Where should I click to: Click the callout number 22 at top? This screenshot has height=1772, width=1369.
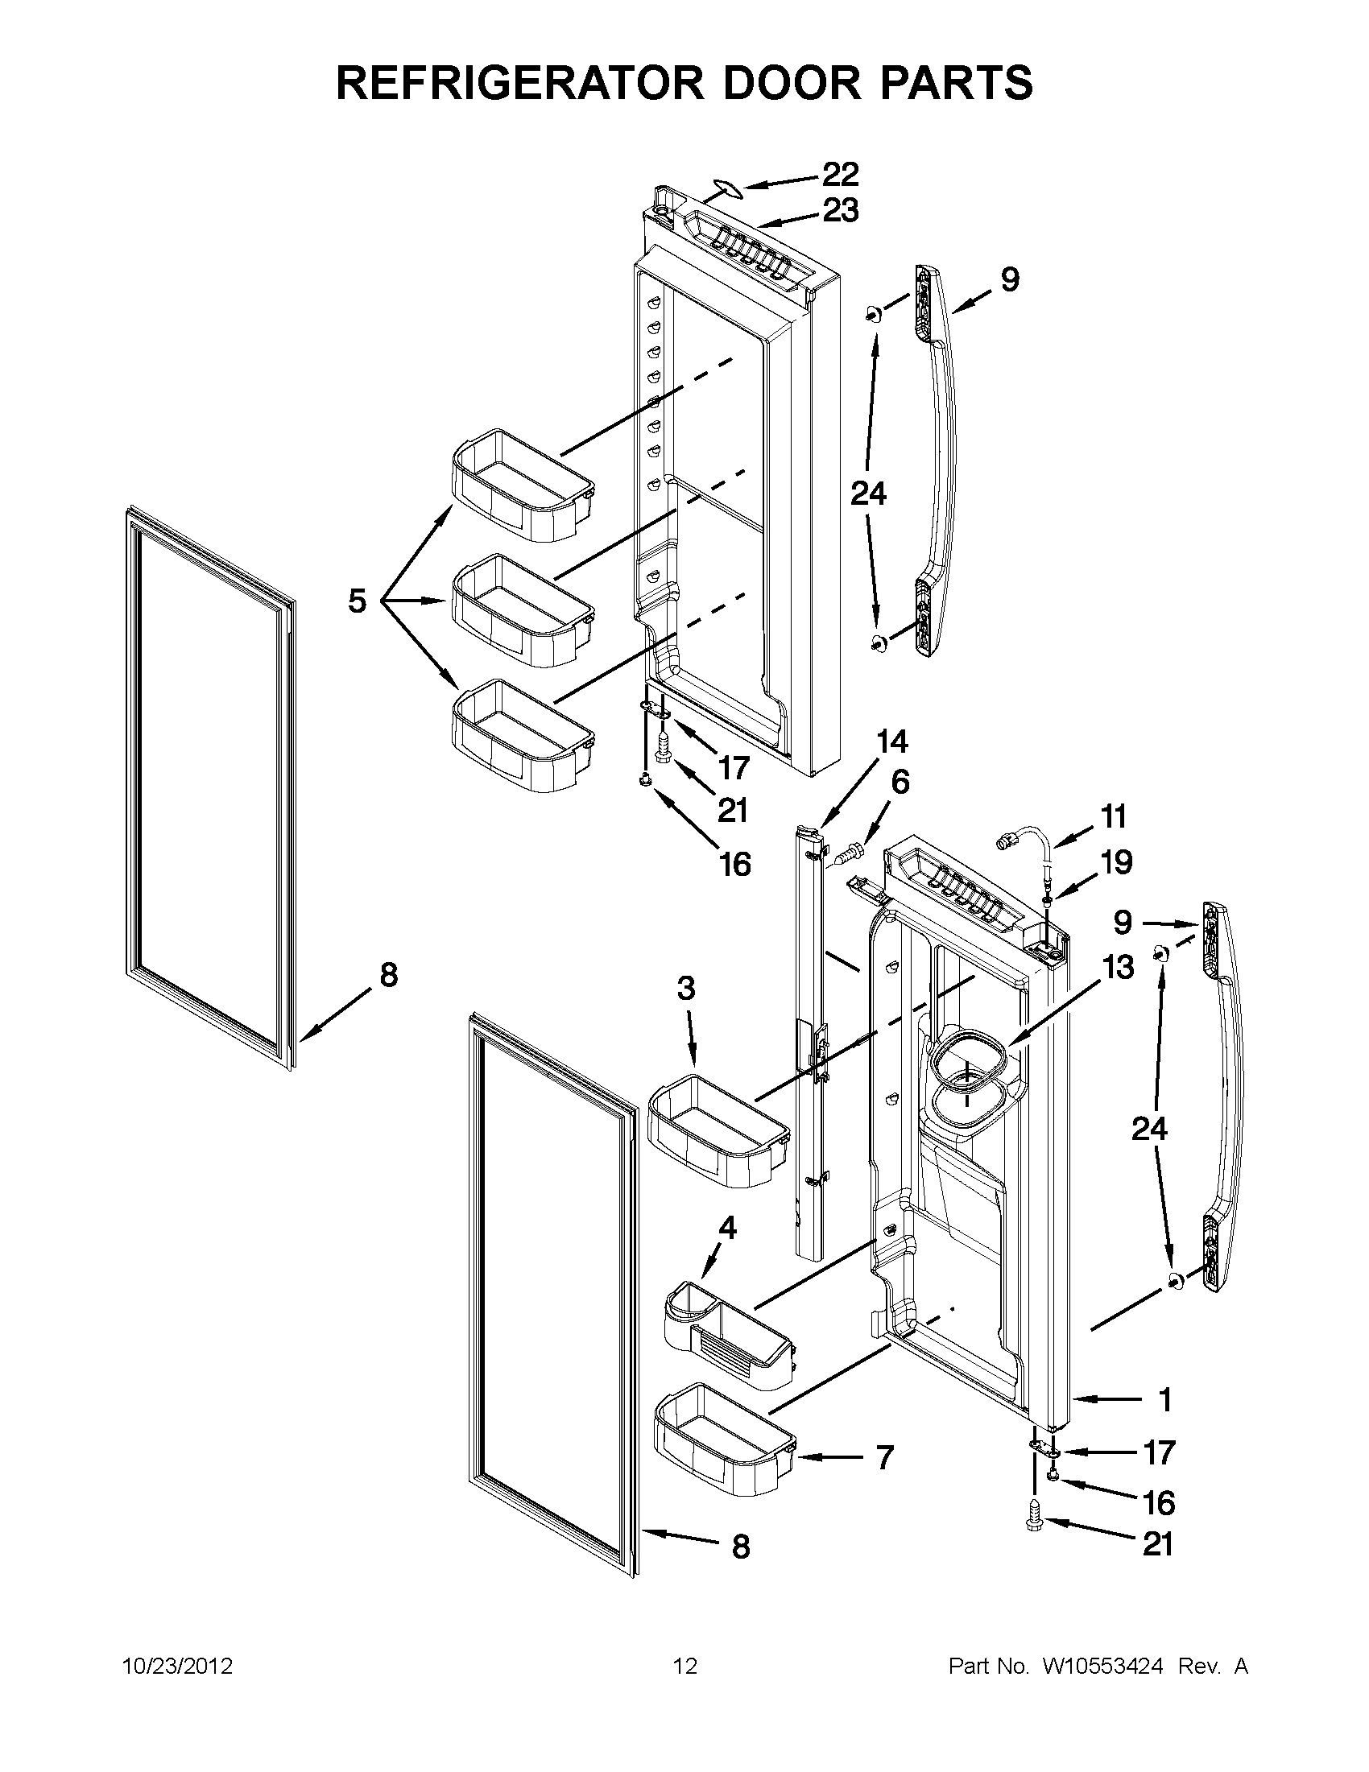point(840,174)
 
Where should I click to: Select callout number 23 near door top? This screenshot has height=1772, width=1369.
point(840,211)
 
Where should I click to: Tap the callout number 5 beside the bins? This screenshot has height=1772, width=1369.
point(357,601)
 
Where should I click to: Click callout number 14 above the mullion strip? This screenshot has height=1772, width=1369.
point(891,742)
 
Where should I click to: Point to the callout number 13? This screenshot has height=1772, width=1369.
point(1118,967)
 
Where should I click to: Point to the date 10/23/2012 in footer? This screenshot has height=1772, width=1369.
point(177,1667)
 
